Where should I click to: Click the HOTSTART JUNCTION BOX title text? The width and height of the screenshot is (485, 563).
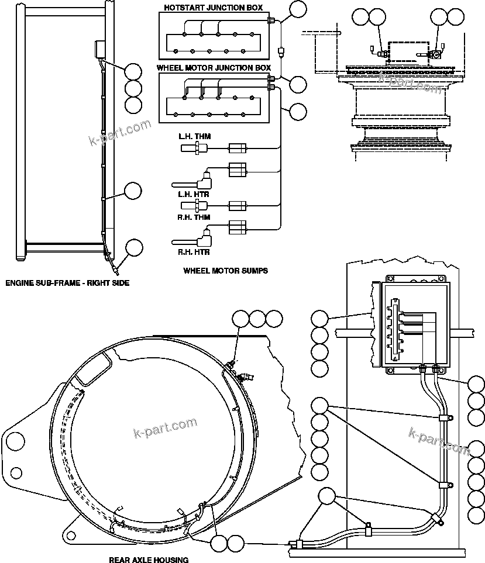[x=212, y=8]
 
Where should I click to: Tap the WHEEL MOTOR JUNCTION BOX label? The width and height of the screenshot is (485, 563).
[x=214, y=68]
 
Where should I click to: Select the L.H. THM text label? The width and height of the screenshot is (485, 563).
[x=195, y=137]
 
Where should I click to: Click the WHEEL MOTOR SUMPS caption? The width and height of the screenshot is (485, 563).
[x=225, y=271]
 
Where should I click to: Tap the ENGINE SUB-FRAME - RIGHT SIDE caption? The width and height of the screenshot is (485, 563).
[x=67, y=283]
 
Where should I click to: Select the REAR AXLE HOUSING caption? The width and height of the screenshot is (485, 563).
[x=149, y=559]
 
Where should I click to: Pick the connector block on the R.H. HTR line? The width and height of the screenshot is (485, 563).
[x=239, y=227]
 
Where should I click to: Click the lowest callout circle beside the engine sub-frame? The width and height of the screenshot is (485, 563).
[x=134, y=247]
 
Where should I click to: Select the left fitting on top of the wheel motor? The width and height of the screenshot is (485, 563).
[x=380, y=54]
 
